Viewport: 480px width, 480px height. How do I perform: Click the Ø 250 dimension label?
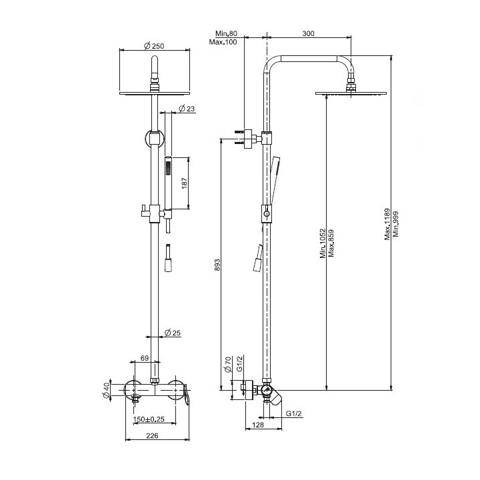155,45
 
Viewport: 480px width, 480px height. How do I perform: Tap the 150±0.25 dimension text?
150,419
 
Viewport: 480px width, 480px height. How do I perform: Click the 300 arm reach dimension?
308,32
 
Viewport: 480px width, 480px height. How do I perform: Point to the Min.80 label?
227,33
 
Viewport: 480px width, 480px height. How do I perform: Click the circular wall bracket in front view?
155,139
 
